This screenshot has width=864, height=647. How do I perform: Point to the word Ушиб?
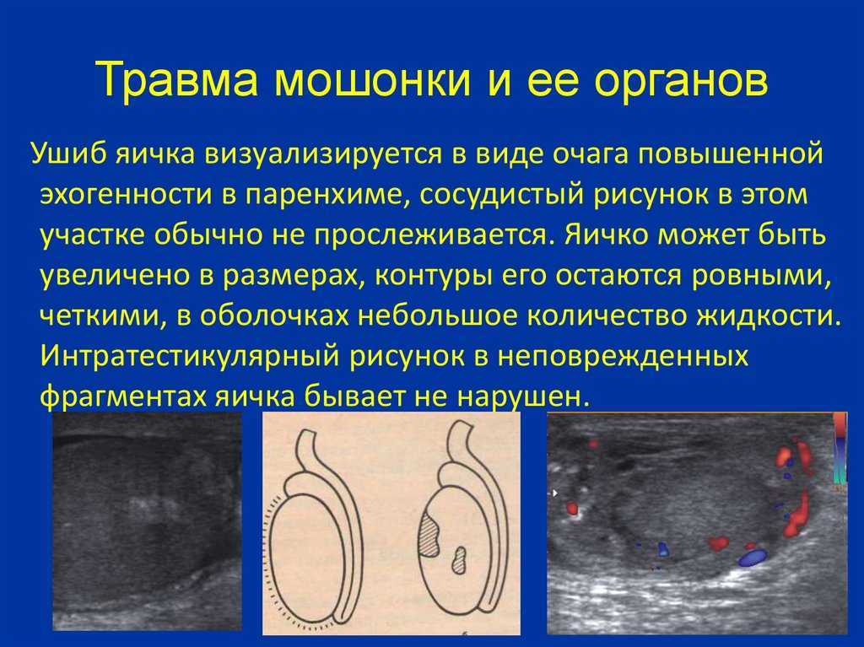(68, 154)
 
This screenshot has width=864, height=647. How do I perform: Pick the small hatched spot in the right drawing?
(458, 561)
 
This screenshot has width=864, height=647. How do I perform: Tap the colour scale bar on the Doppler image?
(840, 449)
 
